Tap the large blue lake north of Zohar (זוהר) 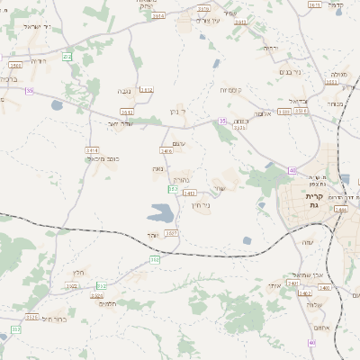point(161,213)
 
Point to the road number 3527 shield point(171,233)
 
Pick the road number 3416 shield point(166,151)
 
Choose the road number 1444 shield point(339,209)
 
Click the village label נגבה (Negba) point(124,91)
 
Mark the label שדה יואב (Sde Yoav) point(119,123)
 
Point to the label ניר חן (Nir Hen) point(201,204)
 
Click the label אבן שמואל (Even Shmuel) point(308,274)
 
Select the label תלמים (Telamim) point(106,303)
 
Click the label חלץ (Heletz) point(78,272)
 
